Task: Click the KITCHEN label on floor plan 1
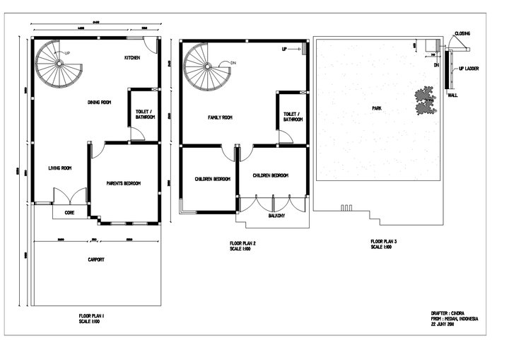132,57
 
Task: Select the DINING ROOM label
99,103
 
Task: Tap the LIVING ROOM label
60,168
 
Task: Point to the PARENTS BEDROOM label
123,183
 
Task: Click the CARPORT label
96,260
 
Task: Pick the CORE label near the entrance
70,212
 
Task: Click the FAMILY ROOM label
220,117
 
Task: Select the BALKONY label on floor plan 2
276,216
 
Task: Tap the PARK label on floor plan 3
378,109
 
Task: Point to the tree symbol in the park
426,100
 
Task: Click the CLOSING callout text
462,33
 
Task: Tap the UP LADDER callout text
470,69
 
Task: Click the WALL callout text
452,94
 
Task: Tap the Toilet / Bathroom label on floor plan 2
293,117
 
